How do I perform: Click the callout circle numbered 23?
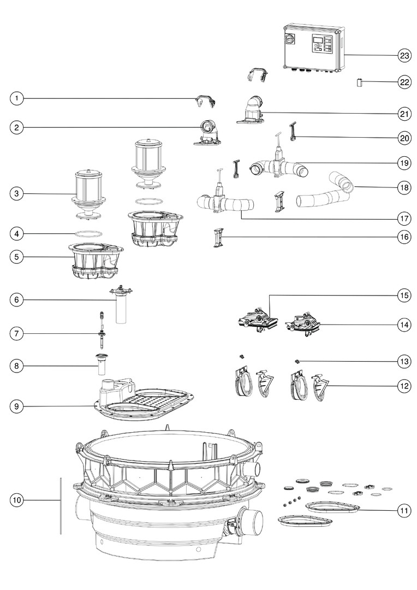click(x=404, y=55)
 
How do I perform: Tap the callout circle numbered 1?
click(x=17, y=98)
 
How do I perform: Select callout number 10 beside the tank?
click(x=17, y=499)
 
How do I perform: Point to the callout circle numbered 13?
click(x=404, y=361)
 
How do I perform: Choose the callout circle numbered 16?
click(x=404, y=237)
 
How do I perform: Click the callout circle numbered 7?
click(x=17, y=333)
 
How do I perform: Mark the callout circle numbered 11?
click(x=404, y=511)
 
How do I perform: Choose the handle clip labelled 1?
click(x=205, y=101)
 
